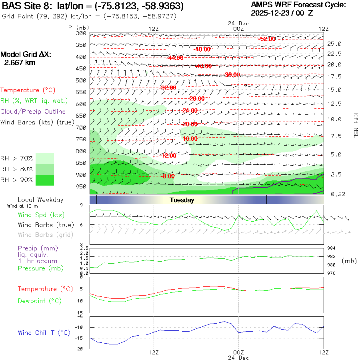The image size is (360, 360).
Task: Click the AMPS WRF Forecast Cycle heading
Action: coord(298,5)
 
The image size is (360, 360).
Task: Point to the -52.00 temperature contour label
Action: coord(267,39)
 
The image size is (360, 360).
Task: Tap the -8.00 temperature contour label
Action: coord(168,176)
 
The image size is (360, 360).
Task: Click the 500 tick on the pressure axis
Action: coord(81,80)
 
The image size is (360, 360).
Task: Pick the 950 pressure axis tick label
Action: coord(81,186)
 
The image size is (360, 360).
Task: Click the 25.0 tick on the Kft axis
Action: coord(334,44)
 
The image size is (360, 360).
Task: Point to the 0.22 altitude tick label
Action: coord(334,194)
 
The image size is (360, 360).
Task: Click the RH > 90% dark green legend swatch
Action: coord(45,180)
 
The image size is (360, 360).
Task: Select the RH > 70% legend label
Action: coord(17,158)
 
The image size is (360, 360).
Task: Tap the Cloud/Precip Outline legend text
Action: coord(33,112)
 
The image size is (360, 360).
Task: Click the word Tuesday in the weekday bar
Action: coord(182,200)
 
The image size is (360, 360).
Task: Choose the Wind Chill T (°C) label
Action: coord(44,332)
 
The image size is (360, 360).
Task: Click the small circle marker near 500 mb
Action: coord(246,85)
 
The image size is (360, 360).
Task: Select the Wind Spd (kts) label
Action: coord(41,215)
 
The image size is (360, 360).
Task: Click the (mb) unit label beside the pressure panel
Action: coord(349,261)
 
